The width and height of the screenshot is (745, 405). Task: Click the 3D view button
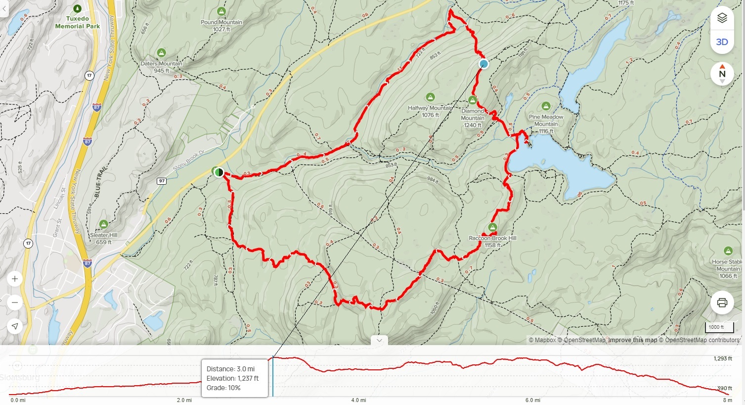click(x=722, y=42)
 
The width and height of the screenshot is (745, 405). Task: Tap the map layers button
click(x=722, y=18)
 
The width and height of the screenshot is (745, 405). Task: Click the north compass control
click(x=722, y=74)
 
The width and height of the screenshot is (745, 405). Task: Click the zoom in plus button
click(x=15, y=279)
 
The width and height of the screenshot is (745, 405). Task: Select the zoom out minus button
click(x=15, y=303)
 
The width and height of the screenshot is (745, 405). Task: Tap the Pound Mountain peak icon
click(x=221, y=11)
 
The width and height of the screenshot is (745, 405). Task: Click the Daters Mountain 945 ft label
click(x=161, y=67)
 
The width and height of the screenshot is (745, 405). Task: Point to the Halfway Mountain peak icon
click(x=430, y=97)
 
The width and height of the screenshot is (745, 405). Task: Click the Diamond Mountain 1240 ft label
click(x=473, y=118)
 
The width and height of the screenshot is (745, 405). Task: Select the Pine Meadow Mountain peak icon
click(x=546, y=106)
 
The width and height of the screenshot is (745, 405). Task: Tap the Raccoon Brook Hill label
click(x=492, y=238)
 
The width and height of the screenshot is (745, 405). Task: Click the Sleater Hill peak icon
click(x=103, y=224)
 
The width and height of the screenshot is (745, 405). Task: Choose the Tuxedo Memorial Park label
click(x=77, y=22)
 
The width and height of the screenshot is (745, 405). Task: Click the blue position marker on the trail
click(x=484, y=64)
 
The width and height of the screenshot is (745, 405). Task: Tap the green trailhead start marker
click(x=218, y=172)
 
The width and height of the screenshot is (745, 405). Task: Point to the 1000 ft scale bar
click(x=719, y=327)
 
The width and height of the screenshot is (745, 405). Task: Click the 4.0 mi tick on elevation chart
click(x=358, y=400)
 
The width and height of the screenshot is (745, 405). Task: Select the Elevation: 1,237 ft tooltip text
click(x=232, y=378)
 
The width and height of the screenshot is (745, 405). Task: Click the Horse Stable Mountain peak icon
click(x=728, y=251)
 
